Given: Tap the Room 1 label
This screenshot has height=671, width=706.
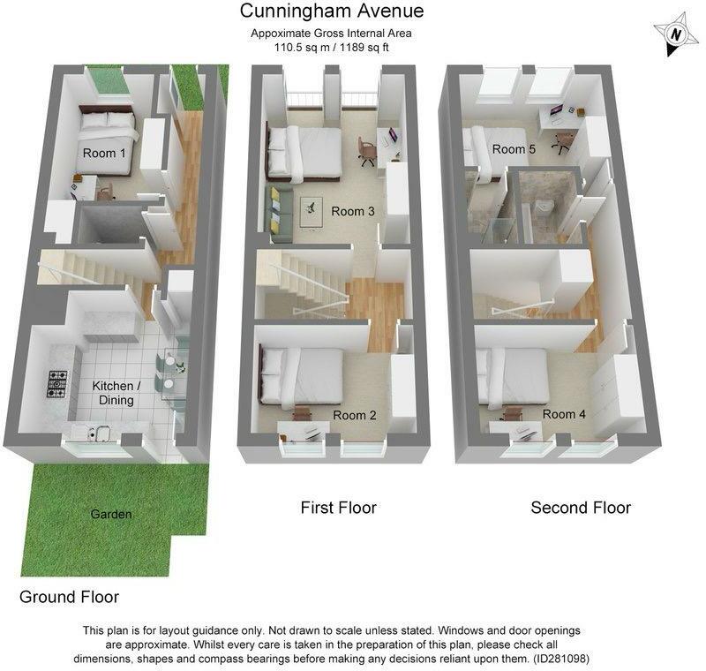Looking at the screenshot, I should pos(104,153).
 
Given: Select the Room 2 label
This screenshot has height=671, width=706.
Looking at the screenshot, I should pos(355,415).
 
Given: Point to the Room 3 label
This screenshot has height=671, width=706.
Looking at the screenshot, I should pos(353,211).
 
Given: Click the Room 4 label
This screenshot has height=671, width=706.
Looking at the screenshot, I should pos(564,414).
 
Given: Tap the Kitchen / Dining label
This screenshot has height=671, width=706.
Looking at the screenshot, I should pos(116,393).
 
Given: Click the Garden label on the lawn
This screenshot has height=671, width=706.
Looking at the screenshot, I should pos(110,514).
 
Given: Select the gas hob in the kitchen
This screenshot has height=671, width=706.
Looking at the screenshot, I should pos(58,381).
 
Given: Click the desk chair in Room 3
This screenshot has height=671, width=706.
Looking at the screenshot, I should pos(367,152).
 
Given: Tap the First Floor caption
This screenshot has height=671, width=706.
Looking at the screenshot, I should pos(338,508).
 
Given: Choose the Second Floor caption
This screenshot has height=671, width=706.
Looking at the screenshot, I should pos(581,508).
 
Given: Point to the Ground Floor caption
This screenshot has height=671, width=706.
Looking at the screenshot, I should pos(69,597).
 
